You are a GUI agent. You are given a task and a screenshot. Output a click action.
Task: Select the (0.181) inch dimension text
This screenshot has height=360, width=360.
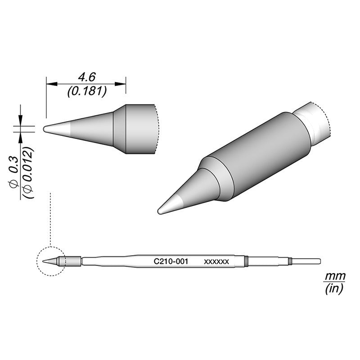[86, 92]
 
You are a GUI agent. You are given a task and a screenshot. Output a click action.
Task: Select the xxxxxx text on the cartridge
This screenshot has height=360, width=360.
[217, 261]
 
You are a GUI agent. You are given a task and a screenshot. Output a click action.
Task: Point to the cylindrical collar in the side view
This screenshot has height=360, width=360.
[139, 129]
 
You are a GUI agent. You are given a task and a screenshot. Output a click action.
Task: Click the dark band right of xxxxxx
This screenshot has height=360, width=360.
[246, 261]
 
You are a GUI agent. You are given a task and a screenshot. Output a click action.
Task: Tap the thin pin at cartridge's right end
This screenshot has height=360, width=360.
[306, 261]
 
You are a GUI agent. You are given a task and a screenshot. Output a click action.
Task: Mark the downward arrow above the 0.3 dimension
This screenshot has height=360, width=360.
[20, 116]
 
